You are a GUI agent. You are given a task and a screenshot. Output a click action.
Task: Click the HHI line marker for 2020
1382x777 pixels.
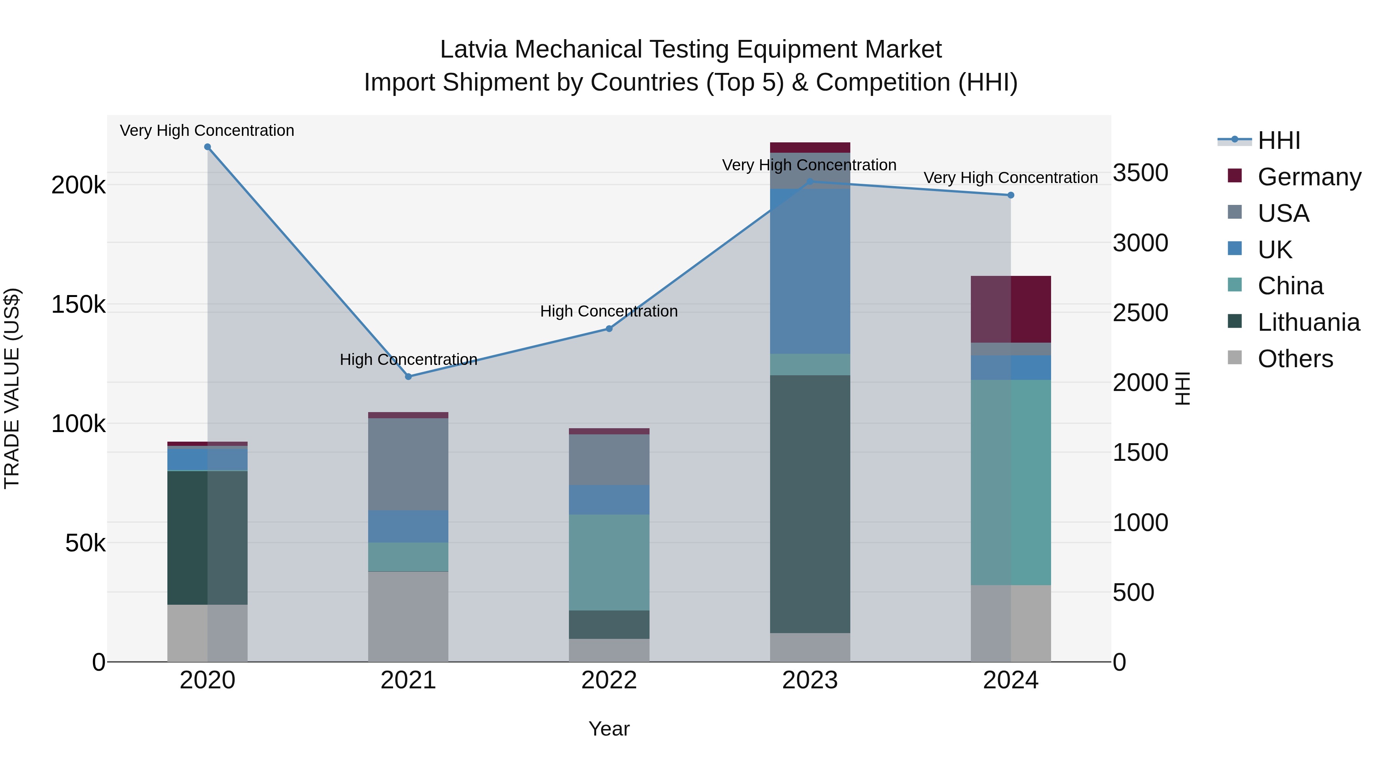(208, 147)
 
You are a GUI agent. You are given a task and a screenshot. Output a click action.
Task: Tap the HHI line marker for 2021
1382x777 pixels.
(408, 376)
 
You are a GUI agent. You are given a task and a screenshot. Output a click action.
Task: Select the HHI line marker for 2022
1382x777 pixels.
(609, 328)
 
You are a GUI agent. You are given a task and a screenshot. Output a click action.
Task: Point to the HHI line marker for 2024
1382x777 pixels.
(1011, 195)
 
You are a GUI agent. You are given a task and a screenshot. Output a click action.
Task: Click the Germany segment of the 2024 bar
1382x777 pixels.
(1011, 309)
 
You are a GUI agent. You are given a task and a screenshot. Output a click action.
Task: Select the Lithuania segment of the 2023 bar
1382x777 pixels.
(810, 504)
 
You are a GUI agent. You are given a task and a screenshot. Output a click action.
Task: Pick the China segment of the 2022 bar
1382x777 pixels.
(609, 562)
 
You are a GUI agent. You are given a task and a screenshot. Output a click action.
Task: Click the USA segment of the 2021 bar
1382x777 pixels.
(408, 464)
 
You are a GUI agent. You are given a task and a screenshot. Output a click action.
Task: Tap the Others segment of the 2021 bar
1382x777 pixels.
(408, 617)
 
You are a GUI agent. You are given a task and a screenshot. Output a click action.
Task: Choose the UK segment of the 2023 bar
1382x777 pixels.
(810, 271)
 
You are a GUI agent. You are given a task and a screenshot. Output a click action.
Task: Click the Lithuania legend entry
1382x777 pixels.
(1308, 322)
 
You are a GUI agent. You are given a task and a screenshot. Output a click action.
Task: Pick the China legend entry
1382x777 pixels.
(1290, 286)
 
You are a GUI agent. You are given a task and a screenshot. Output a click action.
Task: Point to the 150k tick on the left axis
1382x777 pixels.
(78, 305)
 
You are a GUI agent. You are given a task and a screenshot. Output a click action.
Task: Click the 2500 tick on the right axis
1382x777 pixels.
(1140, 313)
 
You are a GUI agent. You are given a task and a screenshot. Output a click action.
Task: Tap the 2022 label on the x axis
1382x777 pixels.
(609, 680)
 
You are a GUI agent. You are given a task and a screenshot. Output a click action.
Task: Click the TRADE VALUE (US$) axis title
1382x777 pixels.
(12, 388)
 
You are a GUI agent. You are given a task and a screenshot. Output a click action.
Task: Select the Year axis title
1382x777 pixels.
(609, 729)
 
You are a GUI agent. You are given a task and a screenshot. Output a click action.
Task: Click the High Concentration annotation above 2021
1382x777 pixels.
(408, 359)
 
